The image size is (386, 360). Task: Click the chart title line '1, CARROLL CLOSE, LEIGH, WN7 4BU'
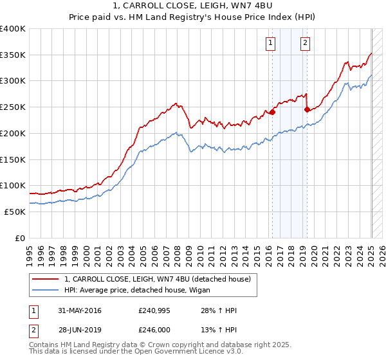click(x=192, y=6)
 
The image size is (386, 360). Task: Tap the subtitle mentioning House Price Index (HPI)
click(x=192, y=18)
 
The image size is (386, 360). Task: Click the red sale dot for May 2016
click(x=272, y=112)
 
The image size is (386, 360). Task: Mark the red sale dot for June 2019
click(x=307, y=109)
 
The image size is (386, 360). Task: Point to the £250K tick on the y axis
click(x=13, y=107)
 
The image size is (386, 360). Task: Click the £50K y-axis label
click(x=15, y=212)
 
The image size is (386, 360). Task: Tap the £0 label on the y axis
click(x=19, y=238)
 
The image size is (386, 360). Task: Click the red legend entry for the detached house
click(x=161, y=279)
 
